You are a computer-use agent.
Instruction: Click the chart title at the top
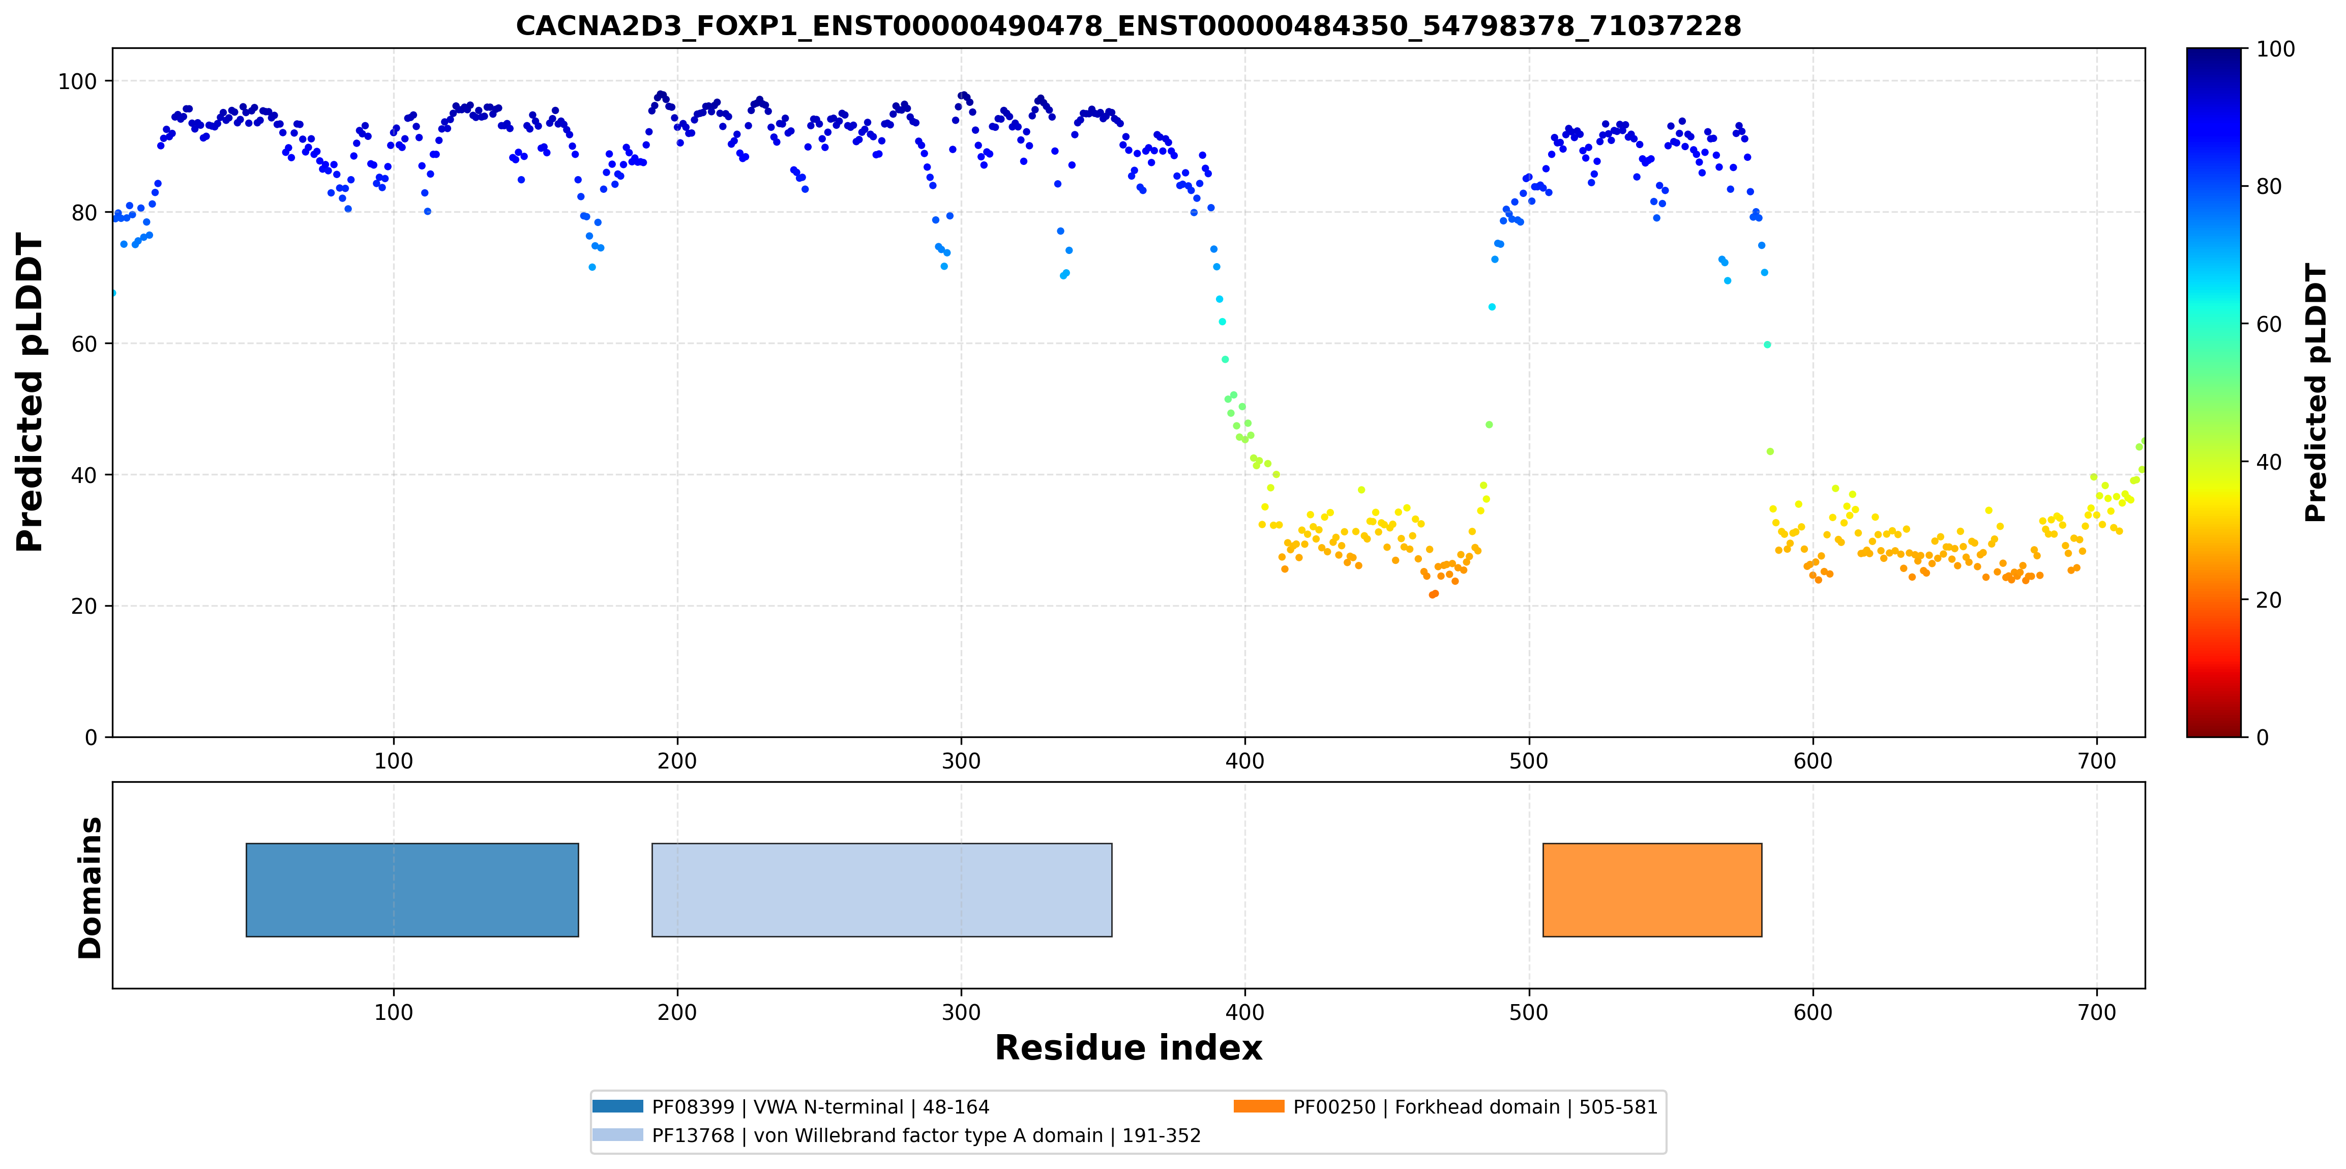[x=1129, y=25]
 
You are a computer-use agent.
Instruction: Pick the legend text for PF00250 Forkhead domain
[x=1475, y=1107]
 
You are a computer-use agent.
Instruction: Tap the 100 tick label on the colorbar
[x=2275, y=49]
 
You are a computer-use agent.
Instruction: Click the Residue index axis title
[x=1129, y=1048]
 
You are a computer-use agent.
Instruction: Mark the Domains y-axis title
[x=90, y=888]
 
